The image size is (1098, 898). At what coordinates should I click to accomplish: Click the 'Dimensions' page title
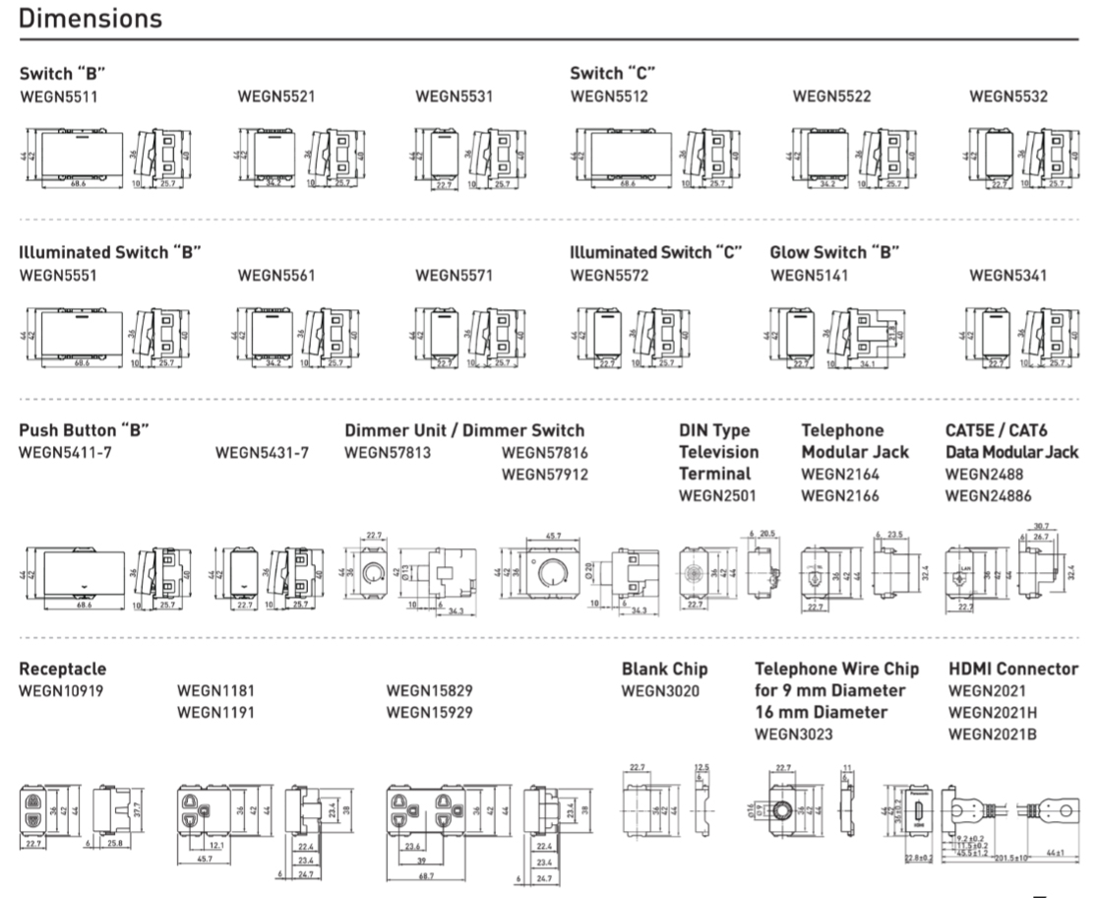(91, 18)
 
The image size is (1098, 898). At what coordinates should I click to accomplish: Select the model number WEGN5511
(58, 96)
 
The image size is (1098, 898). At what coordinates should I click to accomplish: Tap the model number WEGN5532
(1008, 96)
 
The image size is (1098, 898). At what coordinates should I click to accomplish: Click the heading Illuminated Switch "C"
(655, 253)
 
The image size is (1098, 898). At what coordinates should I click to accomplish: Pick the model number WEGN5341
(1008, 276)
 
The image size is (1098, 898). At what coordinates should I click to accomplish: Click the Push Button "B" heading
(85, 430)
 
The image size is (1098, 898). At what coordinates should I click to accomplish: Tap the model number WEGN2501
(717, 495)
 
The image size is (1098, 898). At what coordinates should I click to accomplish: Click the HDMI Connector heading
(1013, 670)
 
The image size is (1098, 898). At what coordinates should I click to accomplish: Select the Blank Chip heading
(664, 670)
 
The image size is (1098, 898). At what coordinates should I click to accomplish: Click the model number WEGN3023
(793, 734)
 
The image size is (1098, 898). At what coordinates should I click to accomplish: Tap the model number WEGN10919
(62, 690)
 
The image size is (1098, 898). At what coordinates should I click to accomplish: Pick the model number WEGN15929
(430, 712)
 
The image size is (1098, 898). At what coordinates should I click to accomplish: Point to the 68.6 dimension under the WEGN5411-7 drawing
(84, 605)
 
